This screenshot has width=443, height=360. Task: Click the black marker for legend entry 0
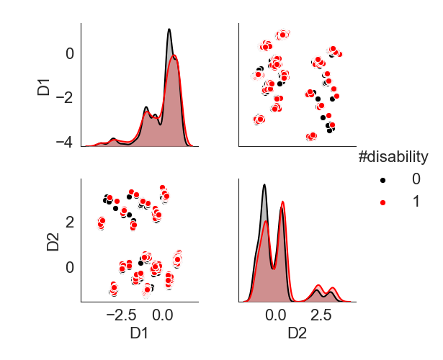coord(382,179)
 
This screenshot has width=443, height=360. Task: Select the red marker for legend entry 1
coord(382,203)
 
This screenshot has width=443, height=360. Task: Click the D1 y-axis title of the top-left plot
coord(44,85)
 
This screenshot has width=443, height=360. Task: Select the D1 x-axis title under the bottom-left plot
coord(140,335)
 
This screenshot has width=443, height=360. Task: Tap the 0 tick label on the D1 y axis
coord(68,53)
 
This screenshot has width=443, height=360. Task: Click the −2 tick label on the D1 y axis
coord(63,97)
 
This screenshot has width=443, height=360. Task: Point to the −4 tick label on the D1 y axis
coord(63,142)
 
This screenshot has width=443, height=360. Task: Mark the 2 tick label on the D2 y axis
coord(68,221)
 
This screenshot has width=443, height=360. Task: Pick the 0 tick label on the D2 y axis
coord(68,267)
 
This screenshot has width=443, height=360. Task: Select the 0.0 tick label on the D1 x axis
coord(163,314)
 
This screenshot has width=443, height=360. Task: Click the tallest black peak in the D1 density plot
coord(169,30)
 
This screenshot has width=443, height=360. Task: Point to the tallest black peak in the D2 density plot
coord(264,185)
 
